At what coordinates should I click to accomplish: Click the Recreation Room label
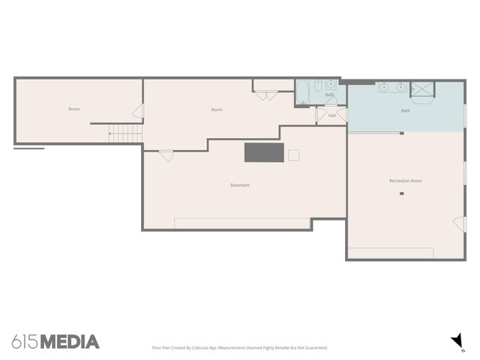click(x=406, y=181)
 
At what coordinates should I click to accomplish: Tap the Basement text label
click(x=240, y=185)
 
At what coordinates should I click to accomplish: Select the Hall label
click(x=331, y=115)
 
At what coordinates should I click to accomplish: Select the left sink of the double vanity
click(x=385, y=87)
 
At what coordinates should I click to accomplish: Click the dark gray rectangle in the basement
click(x=264, y=152)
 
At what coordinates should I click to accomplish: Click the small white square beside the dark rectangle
click(x=294, y=154)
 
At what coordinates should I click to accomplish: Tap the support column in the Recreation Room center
click(x=402, y=194)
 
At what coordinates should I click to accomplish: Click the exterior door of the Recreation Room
click(x=458, y=223)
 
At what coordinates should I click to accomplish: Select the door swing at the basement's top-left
click(x=166, y=155)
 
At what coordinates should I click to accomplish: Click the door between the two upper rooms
click(x=138, y=111)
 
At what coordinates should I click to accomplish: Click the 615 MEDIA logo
click(x=55, y=342)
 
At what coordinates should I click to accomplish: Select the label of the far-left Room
click(x=74, y=109)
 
